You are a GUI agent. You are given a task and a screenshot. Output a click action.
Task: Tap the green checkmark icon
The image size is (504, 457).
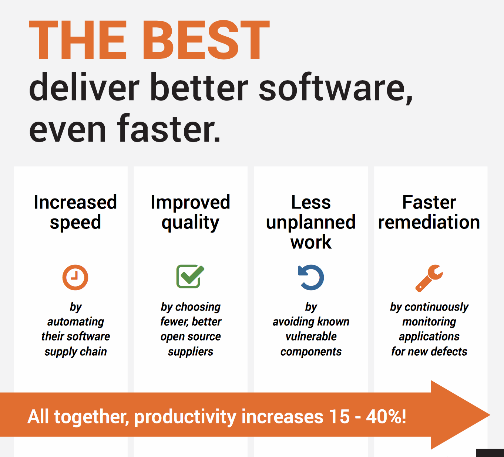[x=190, y=276]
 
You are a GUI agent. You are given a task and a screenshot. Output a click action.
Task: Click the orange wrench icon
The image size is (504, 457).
[x=429, y=278]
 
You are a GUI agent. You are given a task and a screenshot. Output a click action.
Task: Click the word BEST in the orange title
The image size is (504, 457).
[x=206, y=40]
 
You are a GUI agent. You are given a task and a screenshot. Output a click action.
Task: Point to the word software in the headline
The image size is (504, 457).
[x=335, y=88]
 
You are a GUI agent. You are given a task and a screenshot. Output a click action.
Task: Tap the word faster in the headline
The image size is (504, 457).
[x=168, y=129]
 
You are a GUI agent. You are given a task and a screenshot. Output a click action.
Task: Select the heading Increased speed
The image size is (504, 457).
[x=75, y=212]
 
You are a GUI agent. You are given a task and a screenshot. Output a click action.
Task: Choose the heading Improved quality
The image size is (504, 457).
[x=191, y=212]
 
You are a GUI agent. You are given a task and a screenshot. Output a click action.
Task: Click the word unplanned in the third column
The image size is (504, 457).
[x=311, y=223]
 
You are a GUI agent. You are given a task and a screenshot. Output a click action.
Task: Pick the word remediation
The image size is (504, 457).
[x=429, y=222]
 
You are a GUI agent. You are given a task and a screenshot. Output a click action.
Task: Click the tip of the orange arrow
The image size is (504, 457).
[x=490, y=415]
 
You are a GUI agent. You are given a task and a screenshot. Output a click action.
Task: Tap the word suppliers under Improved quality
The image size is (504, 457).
[x=191, y=352]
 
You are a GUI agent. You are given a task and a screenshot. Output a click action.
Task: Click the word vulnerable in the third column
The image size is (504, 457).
[x=311, y=336]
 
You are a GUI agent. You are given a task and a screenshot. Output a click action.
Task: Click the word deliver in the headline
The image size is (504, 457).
[x=84, y=87]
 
